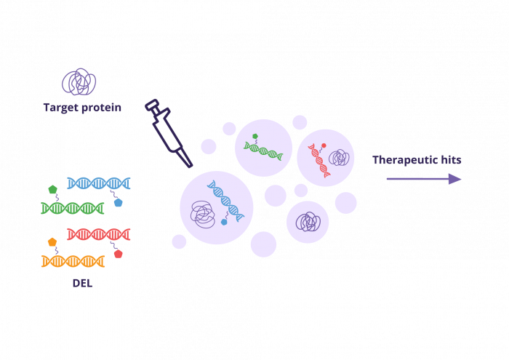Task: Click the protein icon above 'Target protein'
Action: [79, 82]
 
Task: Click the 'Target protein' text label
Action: [81, 108]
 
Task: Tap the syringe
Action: [168, 132]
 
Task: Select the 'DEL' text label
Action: [81, 282]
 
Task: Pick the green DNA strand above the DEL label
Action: [72, 208]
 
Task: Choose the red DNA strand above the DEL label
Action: [98, 234]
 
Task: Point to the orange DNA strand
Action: [73, 260]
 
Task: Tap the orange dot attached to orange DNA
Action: [52, 242]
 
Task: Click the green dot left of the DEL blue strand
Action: [52, 190]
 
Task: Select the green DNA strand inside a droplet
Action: [264, 148]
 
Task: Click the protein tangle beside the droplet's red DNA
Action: [338, 157]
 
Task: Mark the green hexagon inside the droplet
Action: [254, 137]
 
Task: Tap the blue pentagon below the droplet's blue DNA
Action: [224, 221]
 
